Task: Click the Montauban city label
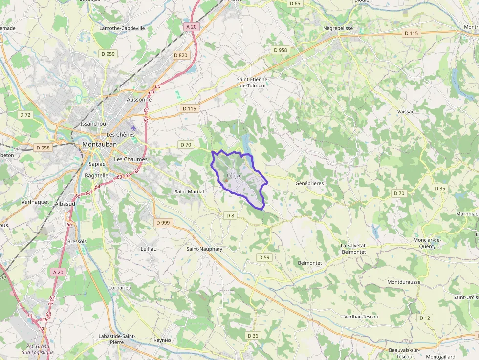(x=99, y=145)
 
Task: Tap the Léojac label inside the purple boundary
(x=235, y=176)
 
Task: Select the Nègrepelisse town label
(x=338, y=28)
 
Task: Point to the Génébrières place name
(x=309, y=183)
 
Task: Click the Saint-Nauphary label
(x=204, y=249)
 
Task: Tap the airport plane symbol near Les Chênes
(x=133, y=128)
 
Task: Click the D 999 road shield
(x=163, y=223)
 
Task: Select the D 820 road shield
(x=181, y=55)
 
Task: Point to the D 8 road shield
(x=230, y=215)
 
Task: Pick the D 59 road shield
(x=264, y=257)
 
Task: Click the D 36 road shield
(x=253, y=336)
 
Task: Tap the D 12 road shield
(x=425, y=318)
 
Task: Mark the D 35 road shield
(x=440, y=188)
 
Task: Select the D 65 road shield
(x=295, y=3)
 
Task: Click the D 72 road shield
(x=25, y=115)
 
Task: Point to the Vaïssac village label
(x=406, y=112)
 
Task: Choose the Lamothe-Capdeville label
(x=122, y=28)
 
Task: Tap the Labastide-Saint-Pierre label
(x=117, y=339)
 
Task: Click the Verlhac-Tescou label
(x=361, y=317)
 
